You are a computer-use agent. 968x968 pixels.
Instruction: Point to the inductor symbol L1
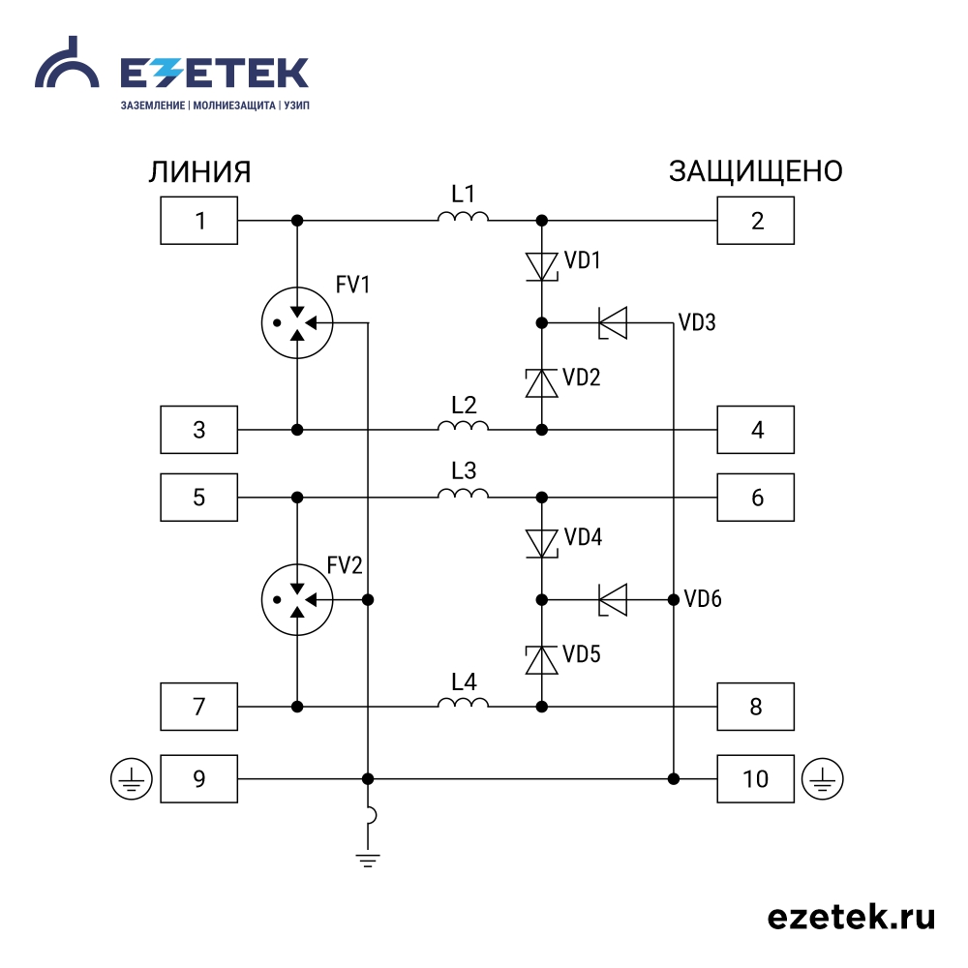click(x=463, y=216)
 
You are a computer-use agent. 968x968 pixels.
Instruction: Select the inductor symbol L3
click(x=463, y=493)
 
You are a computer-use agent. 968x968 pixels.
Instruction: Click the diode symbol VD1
click(x=541, y=267)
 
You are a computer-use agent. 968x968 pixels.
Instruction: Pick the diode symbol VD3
click(x=613, y=323)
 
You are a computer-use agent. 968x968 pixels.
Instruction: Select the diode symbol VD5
click(x=541, y=660)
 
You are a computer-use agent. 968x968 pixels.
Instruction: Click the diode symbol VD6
click(x=613, y=599)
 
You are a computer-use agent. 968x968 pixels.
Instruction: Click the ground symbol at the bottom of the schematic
click(x=368, y=861)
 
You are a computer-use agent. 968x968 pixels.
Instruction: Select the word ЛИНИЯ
click(x=199, y=172)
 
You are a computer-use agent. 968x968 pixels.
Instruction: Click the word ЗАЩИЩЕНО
click(x=756, y=171)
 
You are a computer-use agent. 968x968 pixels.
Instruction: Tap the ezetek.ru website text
click(x=851, y=917)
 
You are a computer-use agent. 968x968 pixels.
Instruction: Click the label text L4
click(x=464, y=682)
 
